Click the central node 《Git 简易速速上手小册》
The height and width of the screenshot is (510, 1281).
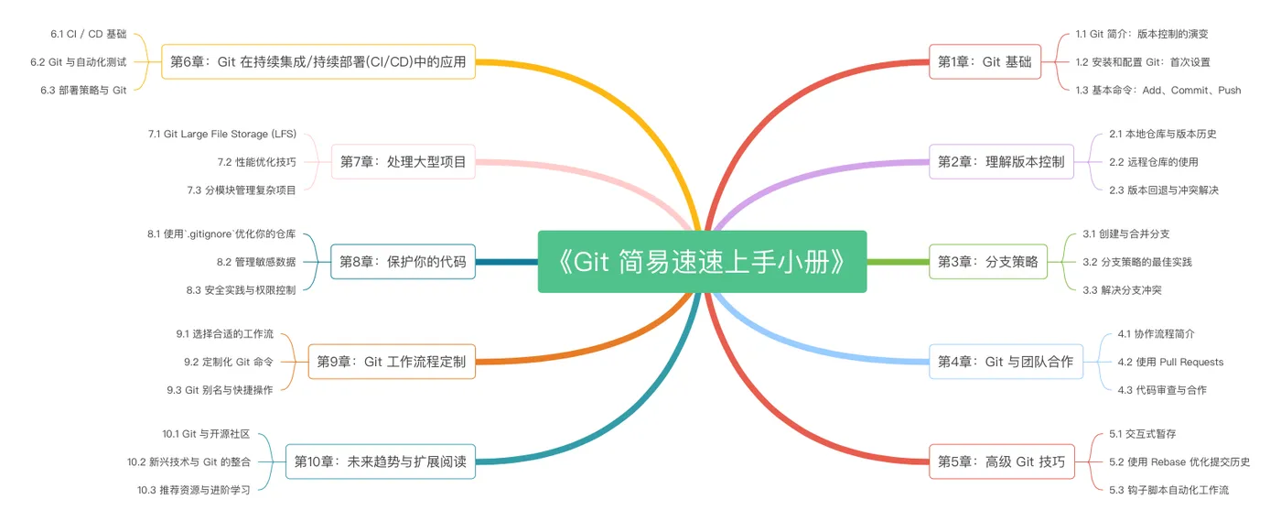coord(702,262)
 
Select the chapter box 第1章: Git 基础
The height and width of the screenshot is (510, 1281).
coord(985,62)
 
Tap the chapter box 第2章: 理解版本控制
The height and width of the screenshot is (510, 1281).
coord(1001,162)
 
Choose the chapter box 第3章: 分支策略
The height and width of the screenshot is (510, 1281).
coord(987,262)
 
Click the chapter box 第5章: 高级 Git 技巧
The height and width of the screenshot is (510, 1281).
coord(1001,461)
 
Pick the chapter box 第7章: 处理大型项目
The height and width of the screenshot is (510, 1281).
coord(404,162)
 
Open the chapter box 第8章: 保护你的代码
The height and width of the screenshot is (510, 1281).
coord(403,262)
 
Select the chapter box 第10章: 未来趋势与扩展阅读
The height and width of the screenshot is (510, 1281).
coord(381,461)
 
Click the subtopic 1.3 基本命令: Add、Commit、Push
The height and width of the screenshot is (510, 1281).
coord(1158,91)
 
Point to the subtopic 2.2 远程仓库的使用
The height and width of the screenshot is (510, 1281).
coord(1154,162)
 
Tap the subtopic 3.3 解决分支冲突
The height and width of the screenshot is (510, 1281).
coord(1122,290)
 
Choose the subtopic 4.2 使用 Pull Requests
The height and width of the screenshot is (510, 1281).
coord(1170,362)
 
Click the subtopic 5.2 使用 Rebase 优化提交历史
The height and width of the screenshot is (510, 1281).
coord(1179,461)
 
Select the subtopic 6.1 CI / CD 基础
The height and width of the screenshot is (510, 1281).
coord(89,35)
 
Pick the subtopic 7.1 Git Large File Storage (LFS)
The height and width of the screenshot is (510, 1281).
coord(222,134)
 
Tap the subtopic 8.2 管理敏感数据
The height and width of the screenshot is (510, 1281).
coord(256,262)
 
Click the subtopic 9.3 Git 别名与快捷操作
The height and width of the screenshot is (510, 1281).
coord(220,390)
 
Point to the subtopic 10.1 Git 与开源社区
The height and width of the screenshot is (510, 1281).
coord(206,434)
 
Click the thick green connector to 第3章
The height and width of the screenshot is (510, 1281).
coord(898,262)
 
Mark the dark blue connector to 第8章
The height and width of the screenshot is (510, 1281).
coord(507,262)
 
